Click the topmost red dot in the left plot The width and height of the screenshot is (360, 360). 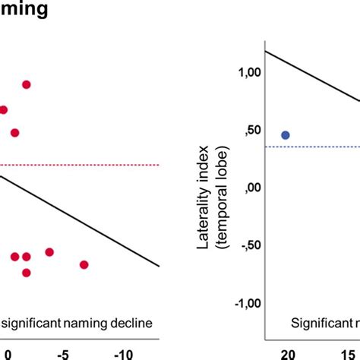27,84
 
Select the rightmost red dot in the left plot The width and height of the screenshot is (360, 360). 84,264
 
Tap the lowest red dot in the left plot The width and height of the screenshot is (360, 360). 27,273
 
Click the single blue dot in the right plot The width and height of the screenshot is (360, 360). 286,135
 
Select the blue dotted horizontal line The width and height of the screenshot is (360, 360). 319,147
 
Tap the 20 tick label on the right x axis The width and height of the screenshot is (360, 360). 287,354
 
